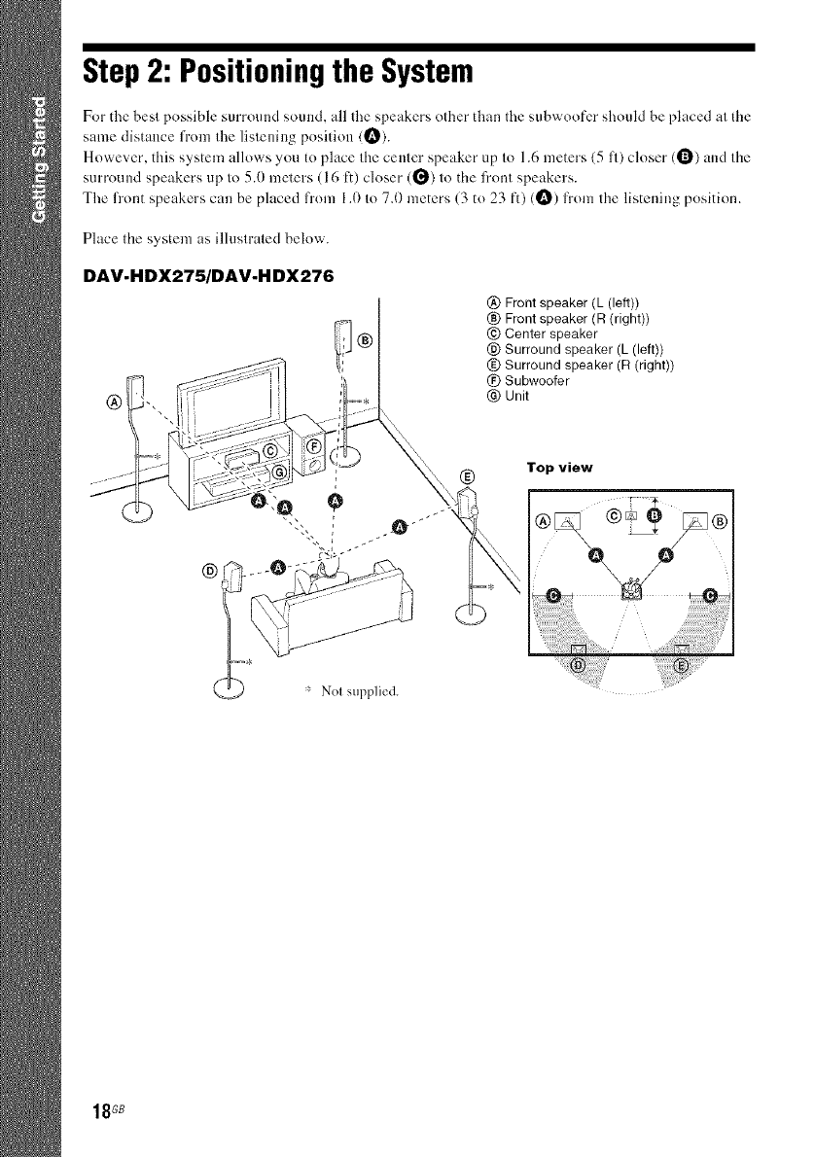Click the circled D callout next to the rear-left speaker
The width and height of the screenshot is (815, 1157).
point(206,568)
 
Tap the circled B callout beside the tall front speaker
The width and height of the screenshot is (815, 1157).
point(366,339)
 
